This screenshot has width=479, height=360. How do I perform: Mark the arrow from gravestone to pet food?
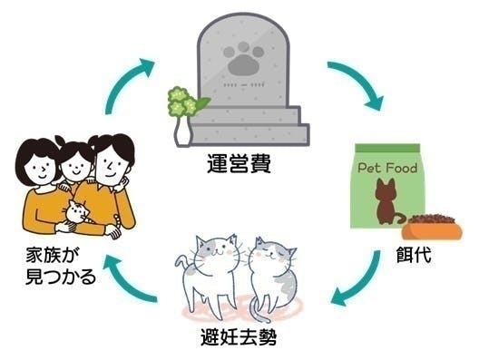[356, 83]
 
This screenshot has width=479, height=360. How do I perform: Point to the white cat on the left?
[208, 271]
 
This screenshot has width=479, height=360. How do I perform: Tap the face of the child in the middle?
[74, 164]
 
